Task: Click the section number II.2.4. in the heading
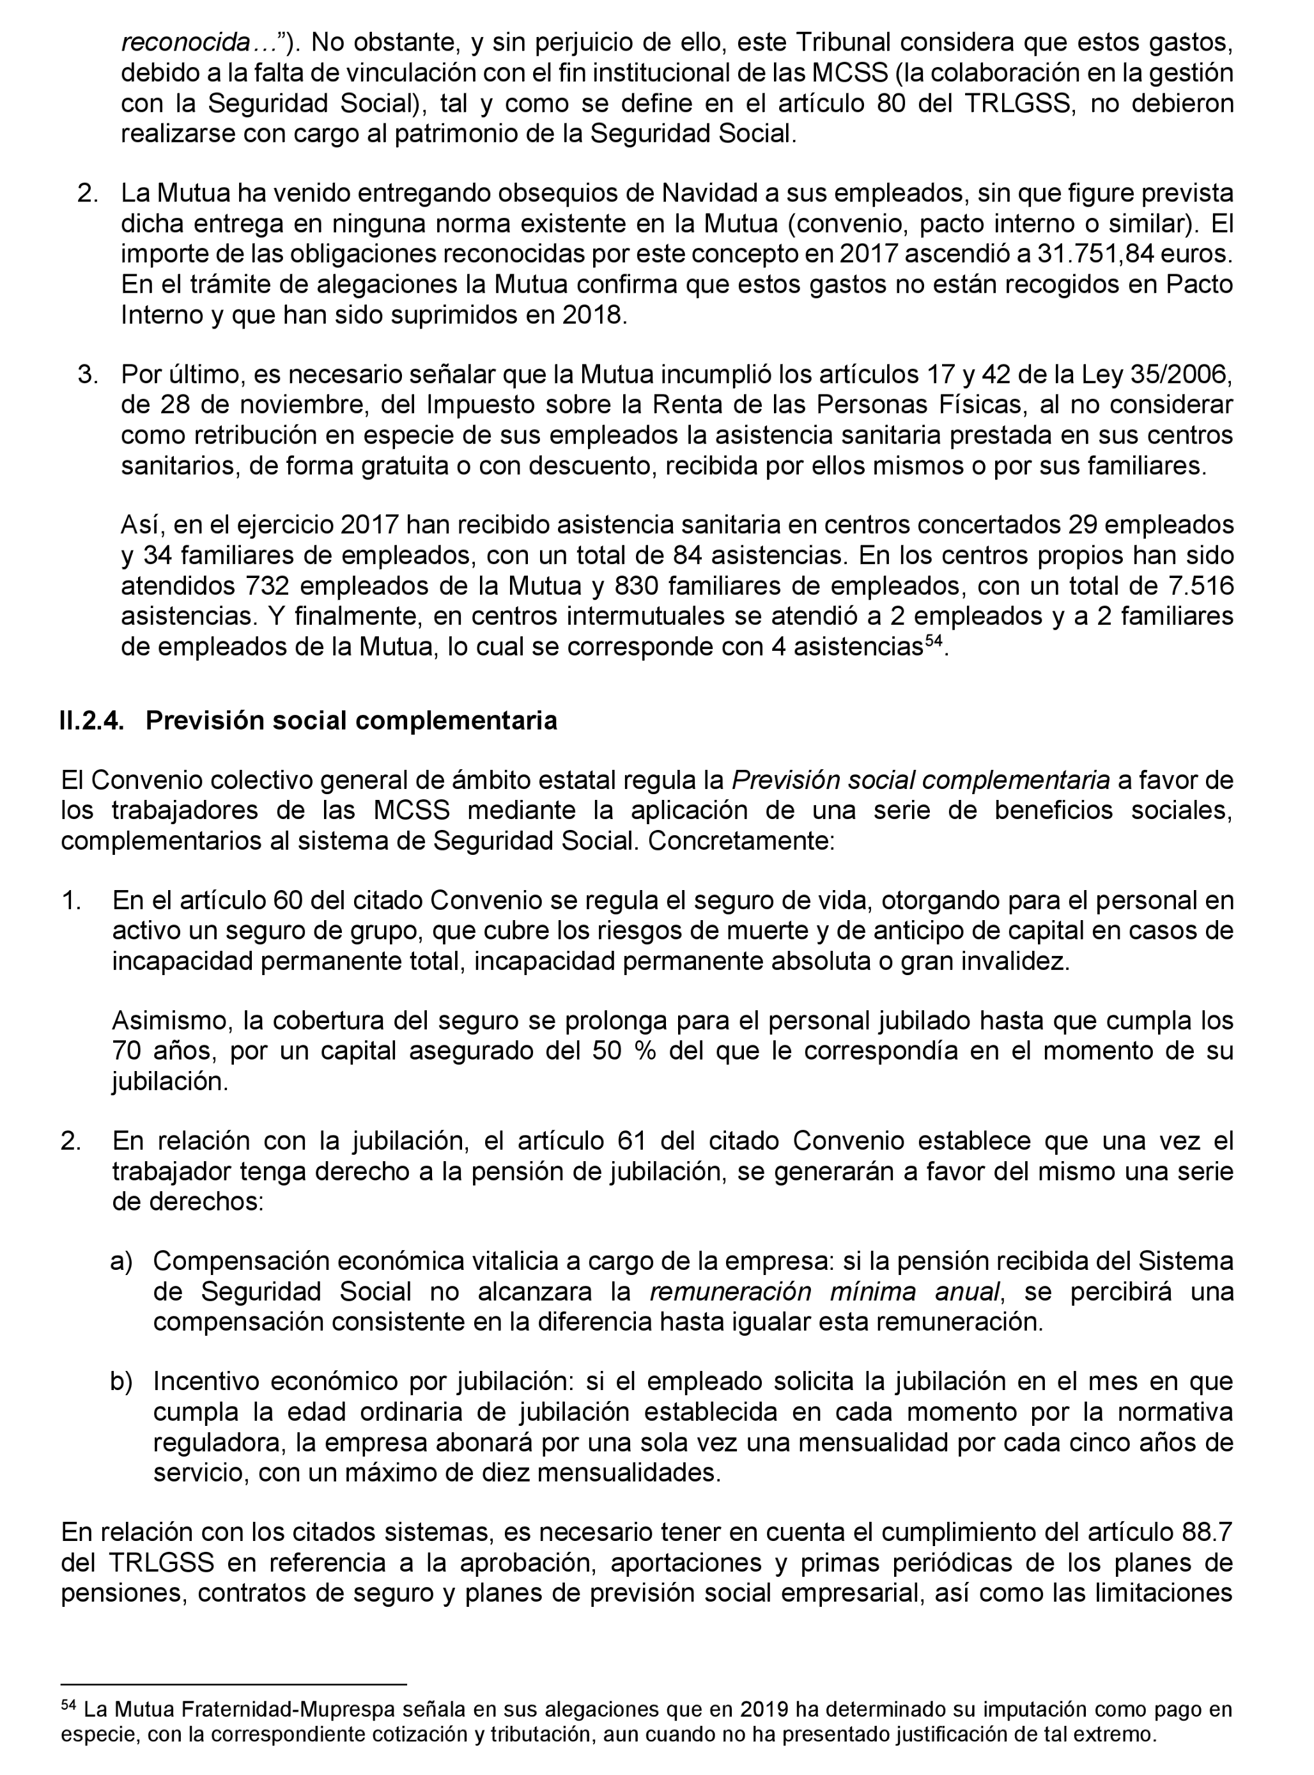coord(91,721)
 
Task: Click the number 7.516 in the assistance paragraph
coord(1201,586)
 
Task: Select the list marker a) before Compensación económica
coord(120,1261)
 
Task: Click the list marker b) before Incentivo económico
coord(120,1382)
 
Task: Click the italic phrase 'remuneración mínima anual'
coord(824,1291)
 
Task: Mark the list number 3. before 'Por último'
coord(88,374)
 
